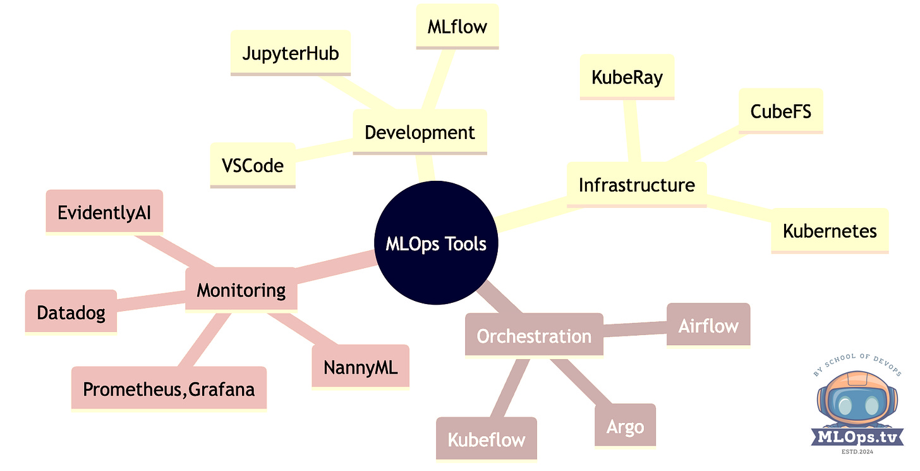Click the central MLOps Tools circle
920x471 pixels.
[435, 244]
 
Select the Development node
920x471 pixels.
[420, 133]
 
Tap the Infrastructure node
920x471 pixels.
[636, 185]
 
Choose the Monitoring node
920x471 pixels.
[241, 290]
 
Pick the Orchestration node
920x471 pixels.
[534, 336]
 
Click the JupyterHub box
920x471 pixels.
[291, 53]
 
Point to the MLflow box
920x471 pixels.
[457, 27]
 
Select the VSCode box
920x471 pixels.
[253, 166]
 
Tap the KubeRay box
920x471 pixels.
[627, 77]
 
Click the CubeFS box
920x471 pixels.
[780, 111]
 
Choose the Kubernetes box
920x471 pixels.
[830, 231]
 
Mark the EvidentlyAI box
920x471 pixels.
[104, 211]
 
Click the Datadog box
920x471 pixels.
[71, 312]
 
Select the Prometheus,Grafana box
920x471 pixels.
[169, 389]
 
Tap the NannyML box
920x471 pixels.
[360, 367]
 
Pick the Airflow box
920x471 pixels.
[708, 326]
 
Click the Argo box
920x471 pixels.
[625, 426]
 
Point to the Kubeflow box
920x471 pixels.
[486, 439]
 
